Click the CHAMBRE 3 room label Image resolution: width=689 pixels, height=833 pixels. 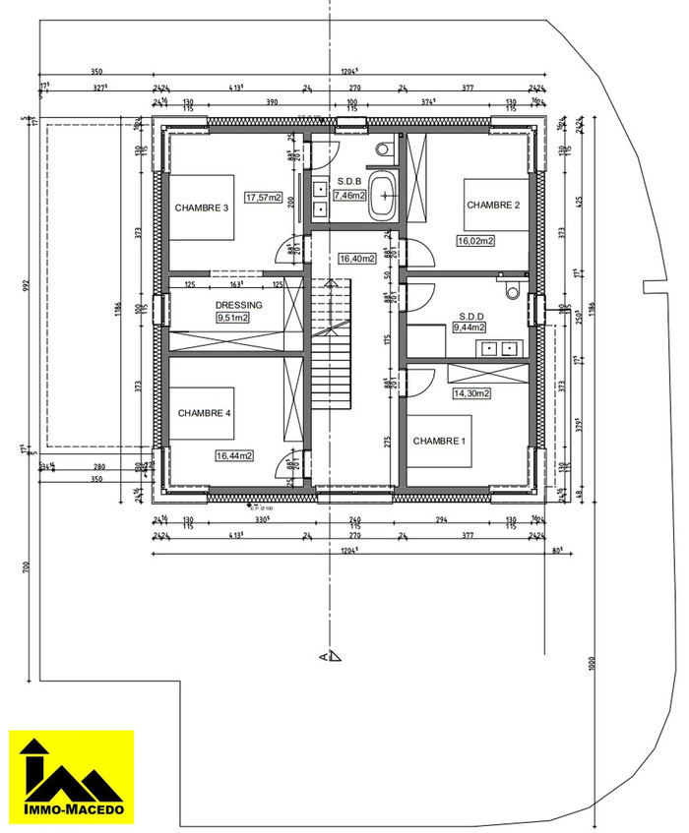202,208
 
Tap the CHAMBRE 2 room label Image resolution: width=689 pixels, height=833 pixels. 493,205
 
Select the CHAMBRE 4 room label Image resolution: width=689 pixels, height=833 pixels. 204,413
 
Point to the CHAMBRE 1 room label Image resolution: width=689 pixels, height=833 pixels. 439,441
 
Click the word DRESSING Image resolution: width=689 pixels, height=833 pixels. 239,306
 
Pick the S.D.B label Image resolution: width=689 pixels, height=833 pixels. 349,182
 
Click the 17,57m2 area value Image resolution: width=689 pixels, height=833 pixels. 264,197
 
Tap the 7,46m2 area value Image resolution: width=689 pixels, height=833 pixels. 349,196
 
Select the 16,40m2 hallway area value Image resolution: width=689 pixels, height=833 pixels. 357,259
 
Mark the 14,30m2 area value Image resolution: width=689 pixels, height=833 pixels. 471,393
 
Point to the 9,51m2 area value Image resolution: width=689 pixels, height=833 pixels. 232,318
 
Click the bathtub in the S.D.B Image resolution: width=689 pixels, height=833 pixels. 383,197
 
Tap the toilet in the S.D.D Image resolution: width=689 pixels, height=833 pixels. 511,291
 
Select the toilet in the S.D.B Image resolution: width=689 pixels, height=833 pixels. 385,149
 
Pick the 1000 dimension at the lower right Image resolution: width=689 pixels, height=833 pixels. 594,663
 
